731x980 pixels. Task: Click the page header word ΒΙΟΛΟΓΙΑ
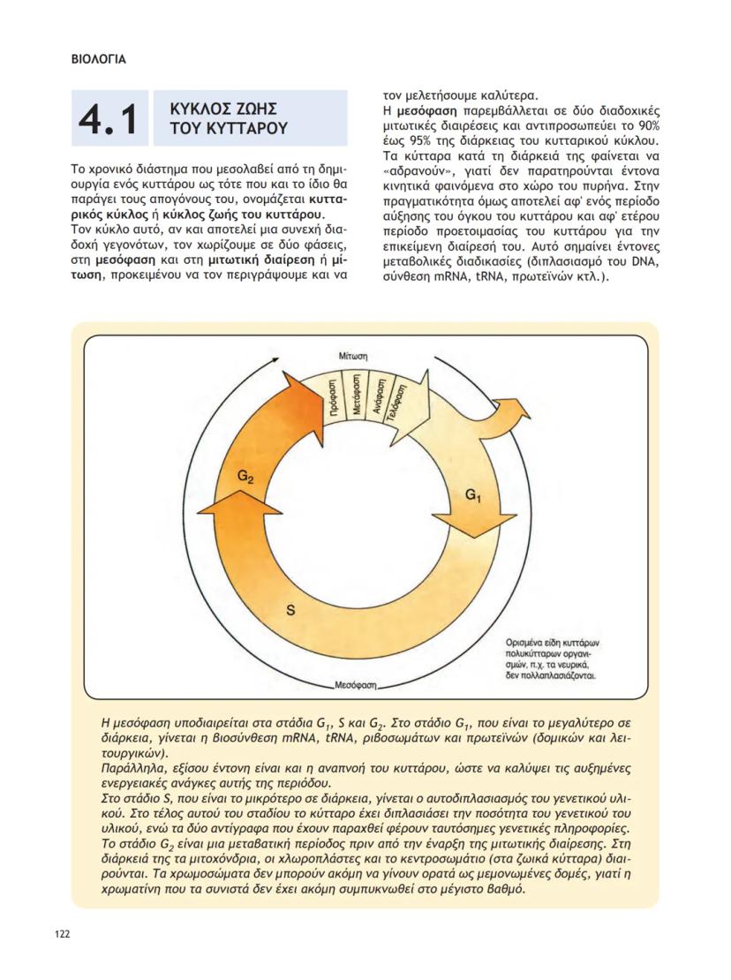click(98, 60)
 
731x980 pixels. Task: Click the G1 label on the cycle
click(473, 495)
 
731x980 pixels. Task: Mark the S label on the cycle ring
click(290, 609)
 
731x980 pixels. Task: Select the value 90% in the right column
click(635, 126)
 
